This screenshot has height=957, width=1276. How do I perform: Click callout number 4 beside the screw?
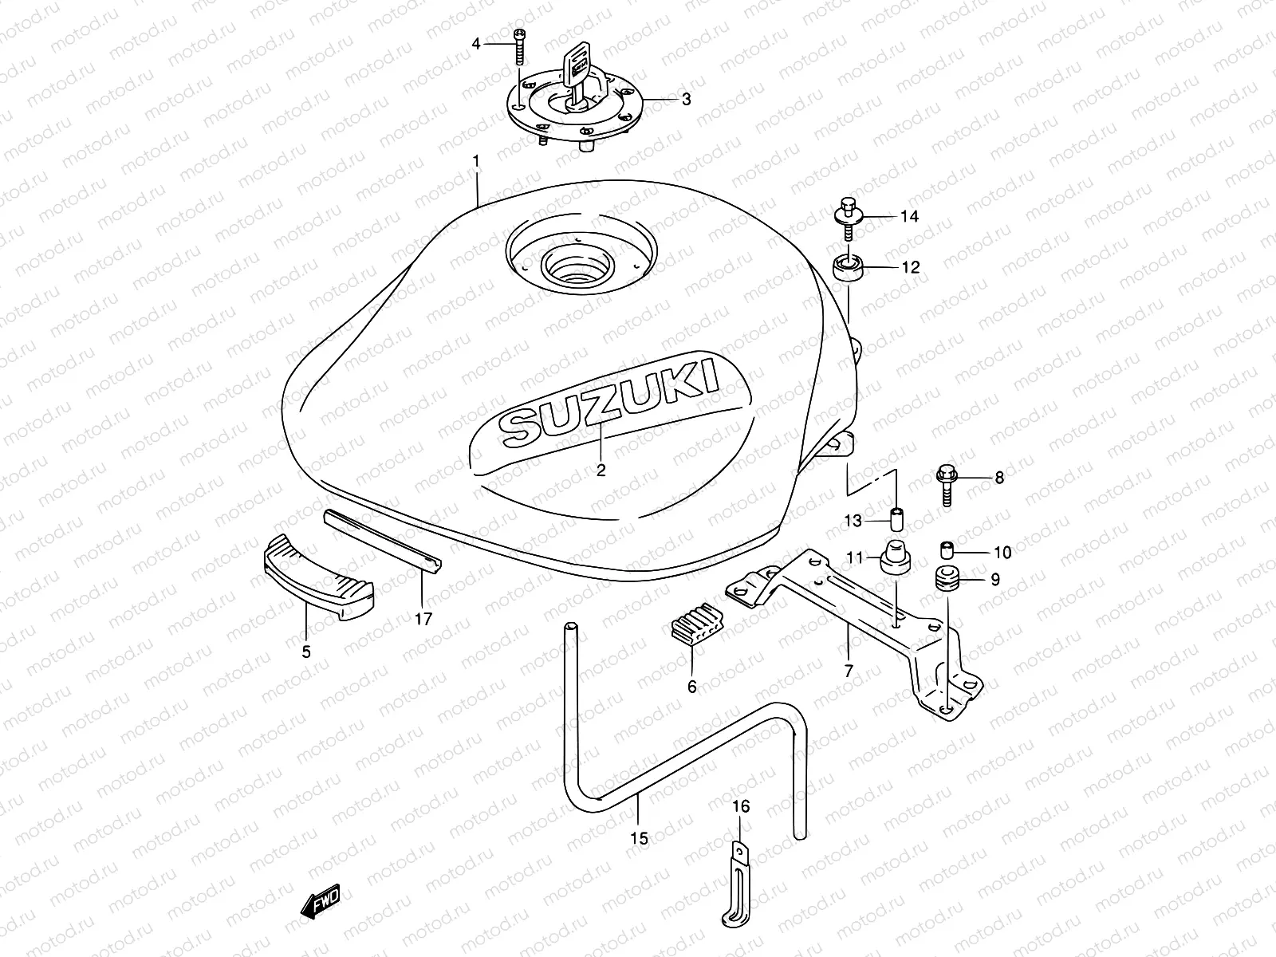(x=476, y=44)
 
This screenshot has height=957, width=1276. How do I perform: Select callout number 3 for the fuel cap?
(x=685, y=100)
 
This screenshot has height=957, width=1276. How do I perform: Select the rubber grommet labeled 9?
(x=947, y=578)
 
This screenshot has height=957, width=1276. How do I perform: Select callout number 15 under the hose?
(x=640, y=838)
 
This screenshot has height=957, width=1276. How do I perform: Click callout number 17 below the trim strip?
(x=423, y=618)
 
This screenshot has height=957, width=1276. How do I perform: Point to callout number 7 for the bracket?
(x=848, y=671)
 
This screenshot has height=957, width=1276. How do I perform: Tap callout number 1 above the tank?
(x=476, y=162)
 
